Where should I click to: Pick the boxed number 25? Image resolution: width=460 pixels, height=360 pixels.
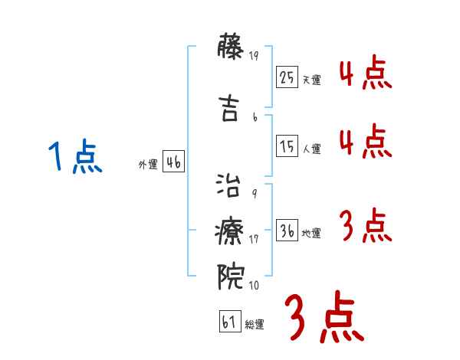click(287, 77)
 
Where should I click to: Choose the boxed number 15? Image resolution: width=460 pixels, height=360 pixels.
click(287, 146)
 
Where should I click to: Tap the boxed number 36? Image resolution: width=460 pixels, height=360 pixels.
click(287, 230)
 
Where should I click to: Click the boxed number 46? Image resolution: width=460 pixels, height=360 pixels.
click(173, 161)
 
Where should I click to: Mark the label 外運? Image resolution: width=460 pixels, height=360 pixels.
click(148, 164)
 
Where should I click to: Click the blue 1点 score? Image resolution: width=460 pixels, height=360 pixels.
click(74, 158)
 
